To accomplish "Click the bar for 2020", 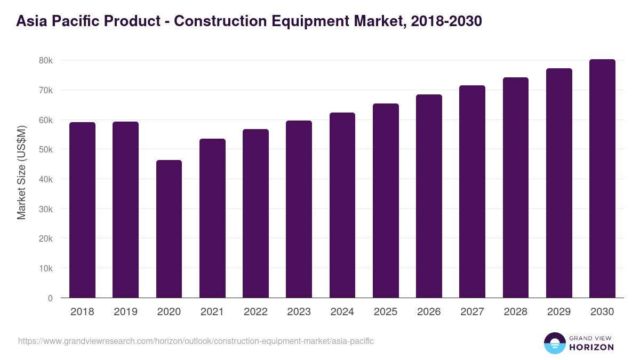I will [x=169, y=229].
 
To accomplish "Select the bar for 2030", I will [x=602, y=179].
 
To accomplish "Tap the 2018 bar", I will [x=82, y=210].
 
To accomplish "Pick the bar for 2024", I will [x=342, y=205].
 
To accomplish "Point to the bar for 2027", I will [x=472, y=191].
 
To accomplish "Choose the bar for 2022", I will [x=255, y=213].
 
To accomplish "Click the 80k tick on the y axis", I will [x=46, y=61].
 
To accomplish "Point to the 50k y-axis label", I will [x=46, y=150].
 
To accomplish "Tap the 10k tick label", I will [x=46, y=269].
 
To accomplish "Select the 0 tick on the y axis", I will [x=50, y=299].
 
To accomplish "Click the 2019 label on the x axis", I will [x=125, y=312].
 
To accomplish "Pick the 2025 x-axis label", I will [x=386, y=312].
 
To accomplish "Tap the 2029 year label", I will [x=559, y=312].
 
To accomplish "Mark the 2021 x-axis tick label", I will [x=212, y=312].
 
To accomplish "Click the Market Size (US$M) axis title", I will [x=21, y=172].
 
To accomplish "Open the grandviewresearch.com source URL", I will [x=196, y=341].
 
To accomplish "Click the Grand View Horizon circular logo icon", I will [x=555, y=343].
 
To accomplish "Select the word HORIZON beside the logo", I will [x=591, y=347].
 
